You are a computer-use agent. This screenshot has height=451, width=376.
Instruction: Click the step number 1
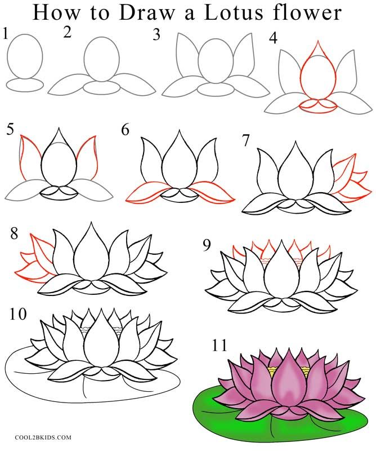pos(6,34)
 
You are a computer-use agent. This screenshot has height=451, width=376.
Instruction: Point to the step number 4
pos(273,39)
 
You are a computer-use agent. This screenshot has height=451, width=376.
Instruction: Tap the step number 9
pos(208,245)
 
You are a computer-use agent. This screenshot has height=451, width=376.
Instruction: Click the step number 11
pos(219,344)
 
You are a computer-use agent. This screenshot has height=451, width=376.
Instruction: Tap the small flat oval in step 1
pos(25,85)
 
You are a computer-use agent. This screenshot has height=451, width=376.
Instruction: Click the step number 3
pos(156,34)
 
